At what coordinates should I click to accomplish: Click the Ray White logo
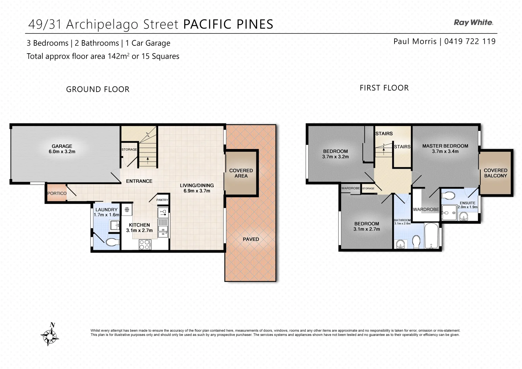[473, 23]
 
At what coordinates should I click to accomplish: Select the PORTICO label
[57, 193]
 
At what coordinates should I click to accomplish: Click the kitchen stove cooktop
[145, 244]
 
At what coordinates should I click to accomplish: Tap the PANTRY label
[162, 200]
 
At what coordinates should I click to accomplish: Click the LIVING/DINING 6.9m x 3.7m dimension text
[197, 191]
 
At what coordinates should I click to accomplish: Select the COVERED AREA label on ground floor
[241, 173]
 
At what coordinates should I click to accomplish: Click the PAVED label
[251, 239]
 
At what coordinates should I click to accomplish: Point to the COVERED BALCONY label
[495, 173]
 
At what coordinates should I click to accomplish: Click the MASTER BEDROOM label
[445, 146]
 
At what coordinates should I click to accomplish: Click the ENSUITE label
[467, 203]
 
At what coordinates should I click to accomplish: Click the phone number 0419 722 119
[470, 41]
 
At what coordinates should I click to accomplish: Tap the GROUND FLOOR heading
[98, 90]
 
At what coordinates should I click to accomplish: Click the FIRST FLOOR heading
[384, 88]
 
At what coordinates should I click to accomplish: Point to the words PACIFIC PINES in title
[228, 24]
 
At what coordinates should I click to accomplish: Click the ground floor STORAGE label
[129, 150]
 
